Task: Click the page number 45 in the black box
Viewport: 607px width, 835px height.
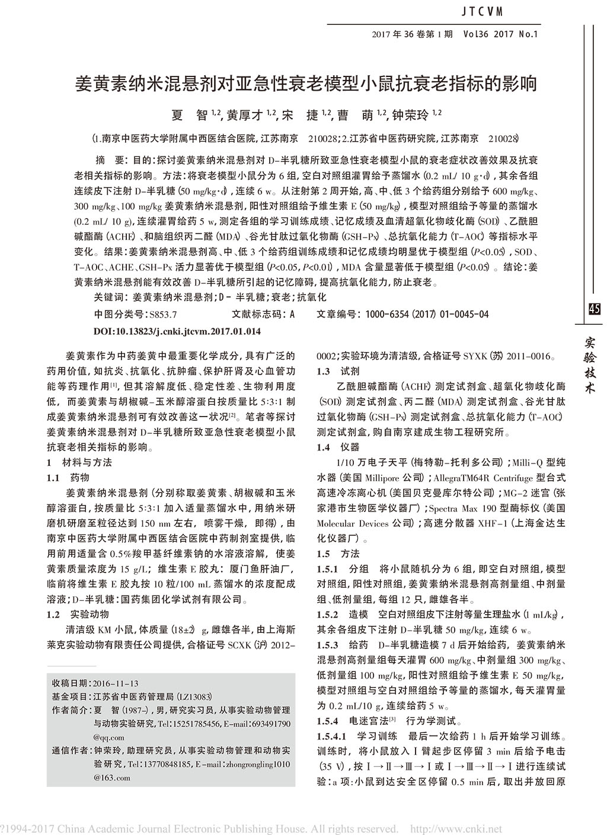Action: pos(595,309)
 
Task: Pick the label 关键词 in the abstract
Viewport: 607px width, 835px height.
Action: pos(110,297)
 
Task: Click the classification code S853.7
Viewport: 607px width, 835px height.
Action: pos(164,314)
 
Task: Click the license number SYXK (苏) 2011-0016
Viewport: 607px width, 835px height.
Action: pos(501,357)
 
